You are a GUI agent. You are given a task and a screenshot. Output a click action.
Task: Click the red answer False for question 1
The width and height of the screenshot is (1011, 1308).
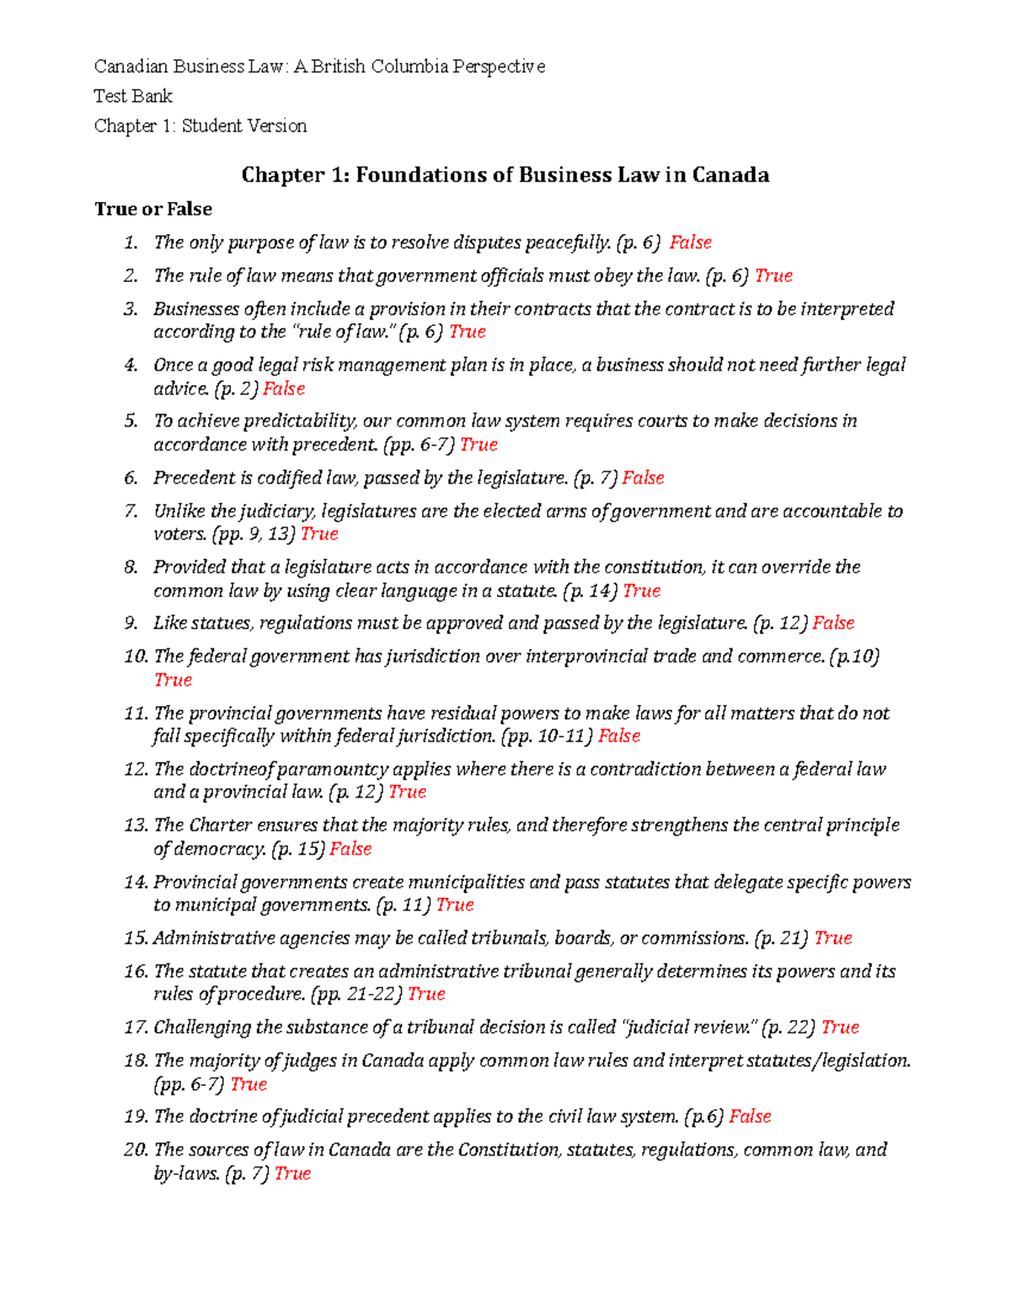click(690, 243)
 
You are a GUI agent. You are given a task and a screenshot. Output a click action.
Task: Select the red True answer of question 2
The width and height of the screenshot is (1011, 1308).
click(773, 275)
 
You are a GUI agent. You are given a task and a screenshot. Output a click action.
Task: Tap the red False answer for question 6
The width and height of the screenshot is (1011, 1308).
click(643, 478)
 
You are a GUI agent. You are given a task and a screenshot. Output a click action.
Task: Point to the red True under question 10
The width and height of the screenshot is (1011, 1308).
click(173, 680)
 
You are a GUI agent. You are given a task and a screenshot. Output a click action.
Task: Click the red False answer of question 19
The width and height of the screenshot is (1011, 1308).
click(750, 1116)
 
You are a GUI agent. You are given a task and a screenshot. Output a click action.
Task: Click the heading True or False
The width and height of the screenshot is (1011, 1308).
click(153, 209)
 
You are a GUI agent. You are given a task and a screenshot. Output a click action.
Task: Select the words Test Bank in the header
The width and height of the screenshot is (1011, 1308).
click(133, 96)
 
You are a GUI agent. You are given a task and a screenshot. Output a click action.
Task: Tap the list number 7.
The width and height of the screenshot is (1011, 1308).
click(131, 510)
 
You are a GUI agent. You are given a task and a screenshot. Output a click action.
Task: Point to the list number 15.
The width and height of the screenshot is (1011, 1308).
click(136, 937)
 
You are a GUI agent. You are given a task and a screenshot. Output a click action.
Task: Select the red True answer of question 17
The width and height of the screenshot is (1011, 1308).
click(840, 1027)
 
